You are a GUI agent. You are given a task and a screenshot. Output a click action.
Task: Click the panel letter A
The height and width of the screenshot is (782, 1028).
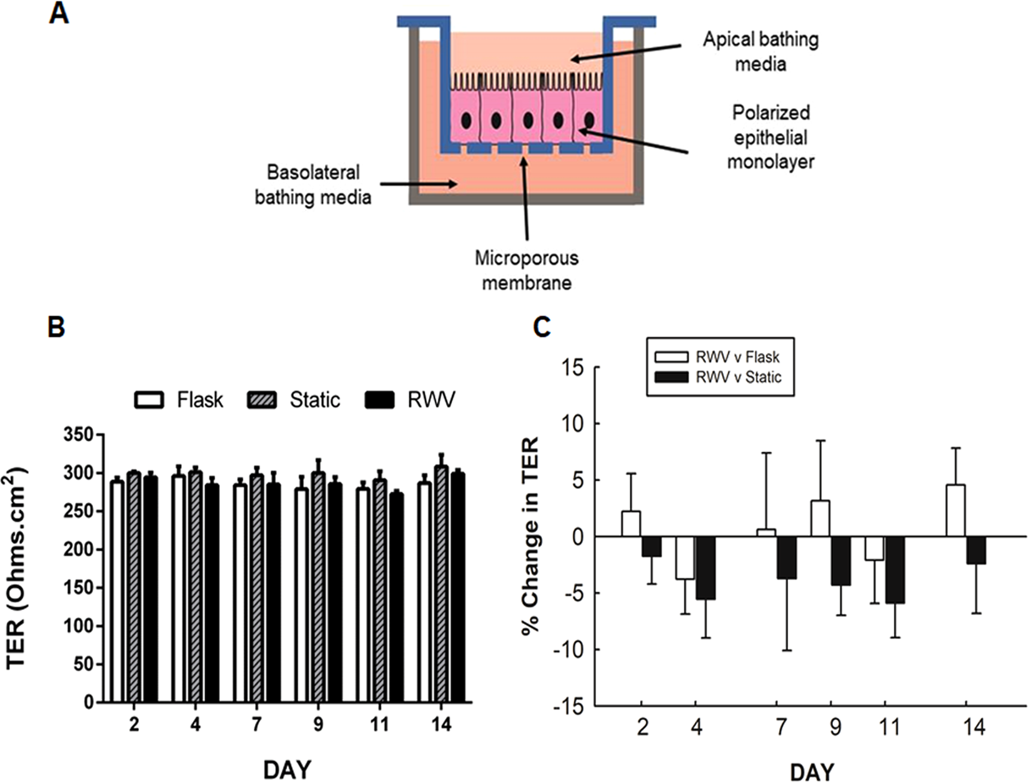click(x=59, y=13)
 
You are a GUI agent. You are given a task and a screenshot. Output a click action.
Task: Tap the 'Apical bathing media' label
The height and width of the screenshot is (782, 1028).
click(x=760, y=51)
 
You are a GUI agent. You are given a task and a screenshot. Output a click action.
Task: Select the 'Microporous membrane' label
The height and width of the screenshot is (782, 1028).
click(x=526, y=270)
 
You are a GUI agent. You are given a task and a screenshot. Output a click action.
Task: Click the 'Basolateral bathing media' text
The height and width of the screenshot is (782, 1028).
click(x=312, y=184)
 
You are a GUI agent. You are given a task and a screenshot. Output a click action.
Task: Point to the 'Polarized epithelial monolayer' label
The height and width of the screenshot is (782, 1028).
click(x=771, y=138)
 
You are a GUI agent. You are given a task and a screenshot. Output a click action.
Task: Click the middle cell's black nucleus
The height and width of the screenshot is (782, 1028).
click(x=527, y=119)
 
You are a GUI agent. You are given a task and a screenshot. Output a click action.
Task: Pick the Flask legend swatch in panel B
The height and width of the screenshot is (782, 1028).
click(x=149, y=400)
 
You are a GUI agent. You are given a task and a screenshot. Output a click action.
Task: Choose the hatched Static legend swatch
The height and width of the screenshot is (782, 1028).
click(x=262, y=400)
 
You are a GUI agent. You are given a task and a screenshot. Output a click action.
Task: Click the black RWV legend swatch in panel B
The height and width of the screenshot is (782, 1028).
click(x=380, y=400)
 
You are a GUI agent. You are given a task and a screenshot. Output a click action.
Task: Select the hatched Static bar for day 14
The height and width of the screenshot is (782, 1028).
click(x=441, y=584)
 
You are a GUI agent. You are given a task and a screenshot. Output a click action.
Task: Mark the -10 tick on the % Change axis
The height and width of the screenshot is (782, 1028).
click(x=570, y=650)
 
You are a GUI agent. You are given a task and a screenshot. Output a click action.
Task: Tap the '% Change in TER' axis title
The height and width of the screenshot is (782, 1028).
click(x=531, y=536)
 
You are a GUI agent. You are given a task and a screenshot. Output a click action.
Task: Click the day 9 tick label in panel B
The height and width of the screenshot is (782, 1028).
click(x=318, y=724)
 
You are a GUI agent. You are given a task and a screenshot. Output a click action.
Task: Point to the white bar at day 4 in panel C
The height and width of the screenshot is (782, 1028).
click(x=685, y=558)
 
